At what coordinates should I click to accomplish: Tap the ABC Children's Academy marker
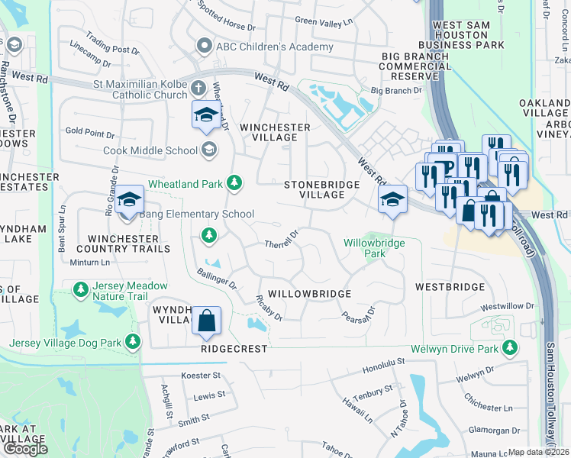pos(204,47)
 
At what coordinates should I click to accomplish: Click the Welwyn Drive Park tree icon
pos(510,349)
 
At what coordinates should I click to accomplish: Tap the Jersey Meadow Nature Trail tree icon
pos(80,290)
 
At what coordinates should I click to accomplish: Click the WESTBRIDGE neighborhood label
pos(450,287)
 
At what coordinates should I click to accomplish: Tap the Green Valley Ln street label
pos(325,21)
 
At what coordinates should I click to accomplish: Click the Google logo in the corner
pos(25,448)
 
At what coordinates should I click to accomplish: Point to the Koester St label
pos(200,376)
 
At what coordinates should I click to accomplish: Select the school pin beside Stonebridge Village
pos(393,200)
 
